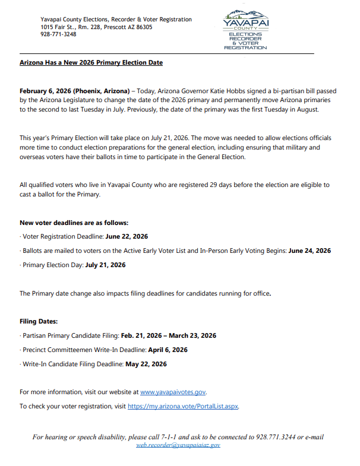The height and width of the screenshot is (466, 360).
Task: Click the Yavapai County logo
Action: point(245,29)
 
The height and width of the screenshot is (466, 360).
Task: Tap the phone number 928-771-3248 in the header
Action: point(59,34)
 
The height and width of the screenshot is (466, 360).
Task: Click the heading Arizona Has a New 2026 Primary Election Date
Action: point(91,62)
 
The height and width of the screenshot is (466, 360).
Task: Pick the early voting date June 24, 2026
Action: point(310,251)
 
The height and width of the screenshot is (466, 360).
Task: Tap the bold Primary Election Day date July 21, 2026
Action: point(105,265)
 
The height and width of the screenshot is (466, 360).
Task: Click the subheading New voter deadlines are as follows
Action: point(74,223)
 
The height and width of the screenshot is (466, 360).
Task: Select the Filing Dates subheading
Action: point(39,321)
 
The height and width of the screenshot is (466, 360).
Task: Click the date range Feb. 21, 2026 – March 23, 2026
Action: point(169,335)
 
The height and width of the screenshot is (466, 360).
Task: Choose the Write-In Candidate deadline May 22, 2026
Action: point(146,364)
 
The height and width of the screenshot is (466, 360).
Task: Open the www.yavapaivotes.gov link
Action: point(173,392)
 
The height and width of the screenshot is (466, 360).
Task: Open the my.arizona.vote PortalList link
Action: point(183,407)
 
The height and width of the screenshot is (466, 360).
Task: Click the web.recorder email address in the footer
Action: point(178,445)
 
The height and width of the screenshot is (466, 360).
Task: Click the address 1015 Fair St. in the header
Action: point(60,27)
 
